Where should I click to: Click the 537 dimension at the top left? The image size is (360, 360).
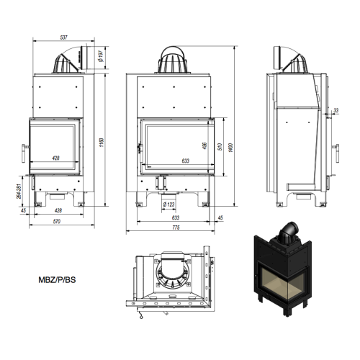[x=64, y=37]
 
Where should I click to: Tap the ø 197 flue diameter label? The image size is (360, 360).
[x=101, y=56]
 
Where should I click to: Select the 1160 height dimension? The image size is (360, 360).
[x=102, y=143]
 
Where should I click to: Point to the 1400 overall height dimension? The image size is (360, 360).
[x=230, y=148]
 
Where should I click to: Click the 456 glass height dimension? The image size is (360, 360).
[x=204, y=145]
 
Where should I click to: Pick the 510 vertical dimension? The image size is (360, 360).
[x=220, y=146]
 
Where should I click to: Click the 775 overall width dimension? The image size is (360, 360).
[x=176, y=228]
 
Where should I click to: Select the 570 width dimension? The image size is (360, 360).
[x=57, y=221]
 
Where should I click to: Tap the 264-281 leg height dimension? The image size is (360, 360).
[x=19, y=191]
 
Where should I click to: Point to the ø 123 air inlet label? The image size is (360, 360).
[x=168, y=204]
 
